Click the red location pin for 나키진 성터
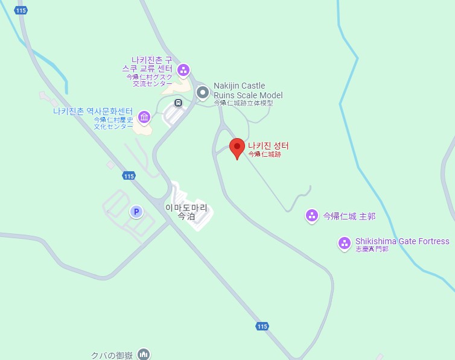[x=238, y=147]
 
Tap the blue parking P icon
[x=136, y=212]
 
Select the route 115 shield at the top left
[x=22, y=11]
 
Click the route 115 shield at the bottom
[x=261, y=326]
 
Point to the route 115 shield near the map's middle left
[x=128, y=176]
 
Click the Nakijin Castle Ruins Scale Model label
[x=247, y=90]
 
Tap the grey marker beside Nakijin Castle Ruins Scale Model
[x=203, y=92]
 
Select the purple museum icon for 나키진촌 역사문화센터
[x=144, y=116]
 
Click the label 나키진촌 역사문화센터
[x=92, y=111]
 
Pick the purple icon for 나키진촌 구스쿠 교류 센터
[x=183, y=70]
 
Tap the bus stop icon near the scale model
[x=178, y=103]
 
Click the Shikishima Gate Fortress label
[x=402, y=241]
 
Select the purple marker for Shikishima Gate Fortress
[x=344, y=243]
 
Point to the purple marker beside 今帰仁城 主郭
[x=312, y=215]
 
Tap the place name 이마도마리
[x=186, y=207]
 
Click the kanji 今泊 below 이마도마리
[x=186, y=216]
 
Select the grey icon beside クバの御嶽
[x=144, y=354]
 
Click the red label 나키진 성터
[x=269, y=145]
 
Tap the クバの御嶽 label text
[x=112, y=355]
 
